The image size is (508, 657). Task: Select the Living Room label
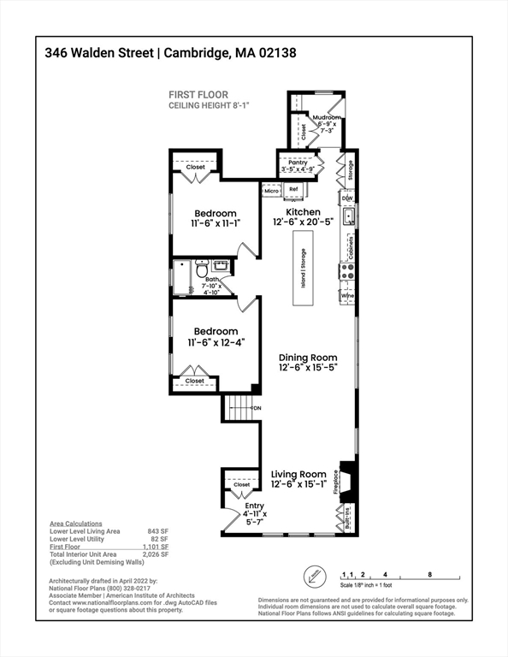click(298, 474)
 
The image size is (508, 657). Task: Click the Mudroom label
click(326, 118)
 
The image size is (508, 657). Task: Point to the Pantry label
click(297, 163)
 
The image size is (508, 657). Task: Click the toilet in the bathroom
click(202, 270)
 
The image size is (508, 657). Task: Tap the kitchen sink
click(348, 217)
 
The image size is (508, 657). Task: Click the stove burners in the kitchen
click(348, 272)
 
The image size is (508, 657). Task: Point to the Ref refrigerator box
click(293, 190)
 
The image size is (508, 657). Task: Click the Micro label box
click(271, 191)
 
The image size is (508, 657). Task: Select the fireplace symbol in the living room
click(348, 479)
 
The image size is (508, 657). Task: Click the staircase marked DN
click(241, 409)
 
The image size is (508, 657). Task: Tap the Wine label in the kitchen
click(348, 296)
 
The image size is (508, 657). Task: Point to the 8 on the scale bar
click(429, 574)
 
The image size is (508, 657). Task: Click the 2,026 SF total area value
click(155, 554)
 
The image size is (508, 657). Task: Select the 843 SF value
click(157, 531)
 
